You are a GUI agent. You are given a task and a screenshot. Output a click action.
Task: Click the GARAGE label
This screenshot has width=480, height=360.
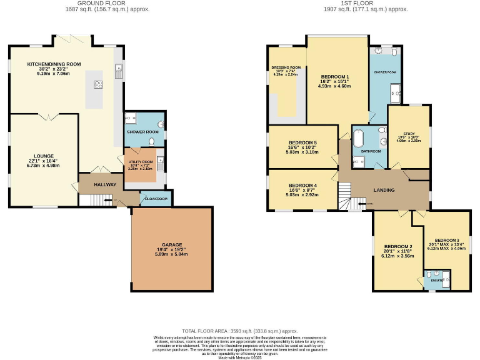coord(171,244)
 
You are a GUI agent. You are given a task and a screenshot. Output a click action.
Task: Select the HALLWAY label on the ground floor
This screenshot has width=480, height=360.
coord(105,185)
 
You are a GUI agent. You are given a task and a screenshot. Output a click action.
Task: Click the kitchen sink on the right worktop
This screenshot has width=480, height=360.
coord(117,71)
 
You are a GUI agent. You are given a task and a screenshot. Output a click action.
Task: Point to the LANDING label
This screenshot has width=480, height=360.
coord(384,190)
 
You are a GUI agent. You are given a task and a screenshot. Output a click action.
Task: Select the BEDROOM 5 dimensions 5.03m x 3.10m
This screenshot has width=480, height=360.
coord(302,152)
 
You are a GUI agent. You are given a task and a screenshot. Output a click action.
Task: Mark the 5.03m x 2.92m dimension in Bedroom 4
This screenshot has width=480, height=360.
coord(302,194)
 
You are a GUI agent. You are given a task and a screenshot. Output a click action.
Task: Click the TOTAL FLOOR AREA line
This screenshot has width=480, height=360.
coord(240,331)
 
